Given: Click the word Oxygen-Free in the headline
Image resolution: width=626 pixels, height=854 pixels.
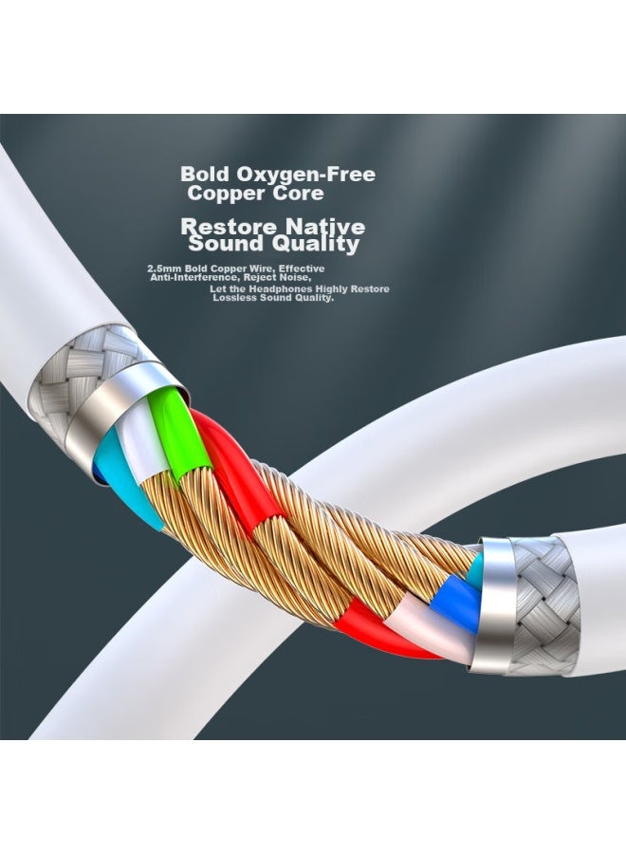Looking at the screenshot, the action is [305, 175].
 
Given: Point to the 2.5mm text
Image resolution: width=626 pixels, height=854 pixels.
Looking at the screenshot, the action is [164, 269].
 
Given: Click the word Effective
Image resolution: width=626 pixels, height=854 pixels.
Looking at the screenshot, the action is [302, 269].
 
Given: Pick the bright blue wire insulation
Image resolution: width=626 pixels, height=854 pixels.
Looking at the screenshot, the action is [456, 602].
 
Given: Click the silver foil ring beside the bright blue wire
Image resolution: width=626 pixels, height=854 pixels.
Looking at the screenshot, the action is [491, 604].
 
